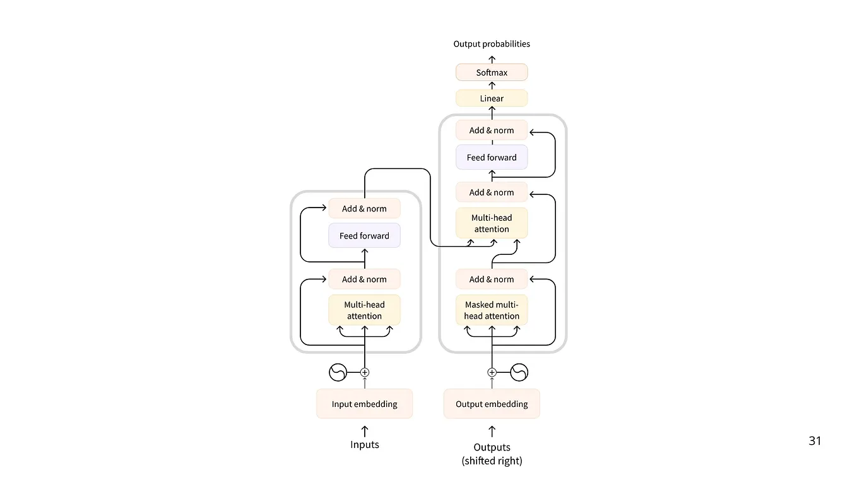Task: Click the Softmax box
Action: (492, 73)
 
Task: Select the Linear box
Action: (492, 98)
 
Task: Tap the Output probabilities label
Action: (492, 44)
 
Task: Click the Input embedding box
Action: (364, 404)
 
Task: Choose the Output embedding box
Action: (492, 404)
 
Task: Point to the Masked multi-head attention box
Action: (492, 310)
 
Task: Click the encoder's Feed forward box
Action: (364, 236)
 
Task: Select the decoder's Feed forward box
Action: (492, 158)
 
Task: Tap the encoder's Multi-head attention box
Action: (364, 310)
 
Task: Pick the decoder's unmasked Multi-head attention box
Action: (492, 223)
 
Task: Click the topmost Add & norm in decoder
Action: (492, 131)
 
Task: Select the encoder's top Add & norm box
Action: (364, 209)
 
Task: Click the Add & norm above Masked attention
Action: (492, 279)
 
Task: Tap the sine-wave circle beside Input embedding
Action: (338, 373)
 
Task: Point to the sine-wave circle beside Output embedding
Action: (519, 373)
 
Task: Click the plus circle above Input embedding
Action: (364, 373)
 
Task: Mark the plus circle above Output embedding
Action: (492, 373)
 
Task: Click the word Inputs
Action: (364, 445)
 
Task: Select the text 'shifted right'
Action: (492, 461)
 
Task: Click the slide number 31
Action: (815, 441)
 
